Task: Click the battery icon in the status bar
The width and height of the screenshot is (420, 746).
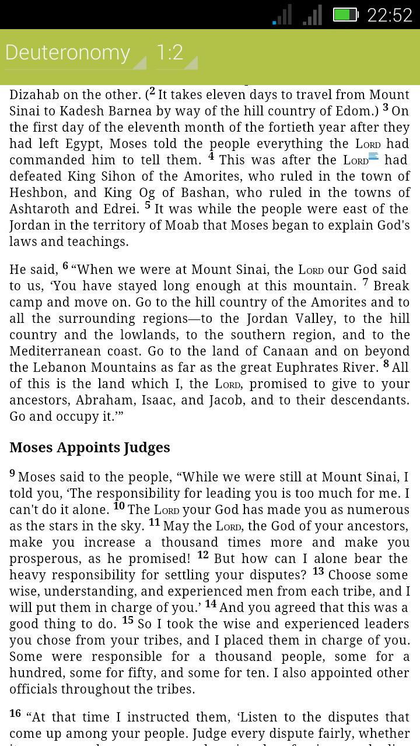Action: click(345, 15)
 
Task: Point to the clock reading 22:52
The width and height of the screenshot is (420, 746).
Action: click(389, 15)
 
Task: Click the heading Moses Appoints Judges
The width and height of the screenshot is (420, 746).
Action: click(90, 448)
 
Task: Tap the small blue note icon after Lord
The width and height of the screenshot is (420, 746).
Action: click(374, 156)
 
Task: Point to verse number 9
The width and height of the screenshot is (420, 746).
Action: click(12, 473)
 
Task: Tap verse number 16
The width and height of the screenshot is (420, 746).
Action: click(15, 713)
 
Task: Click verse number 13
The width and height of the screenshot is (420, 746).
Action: click(318, 571)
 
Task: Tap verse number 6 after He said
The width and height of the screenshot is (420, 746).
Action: click(65, 266)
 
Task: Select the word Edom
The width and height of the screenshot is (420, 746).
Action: click(351, 111)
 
